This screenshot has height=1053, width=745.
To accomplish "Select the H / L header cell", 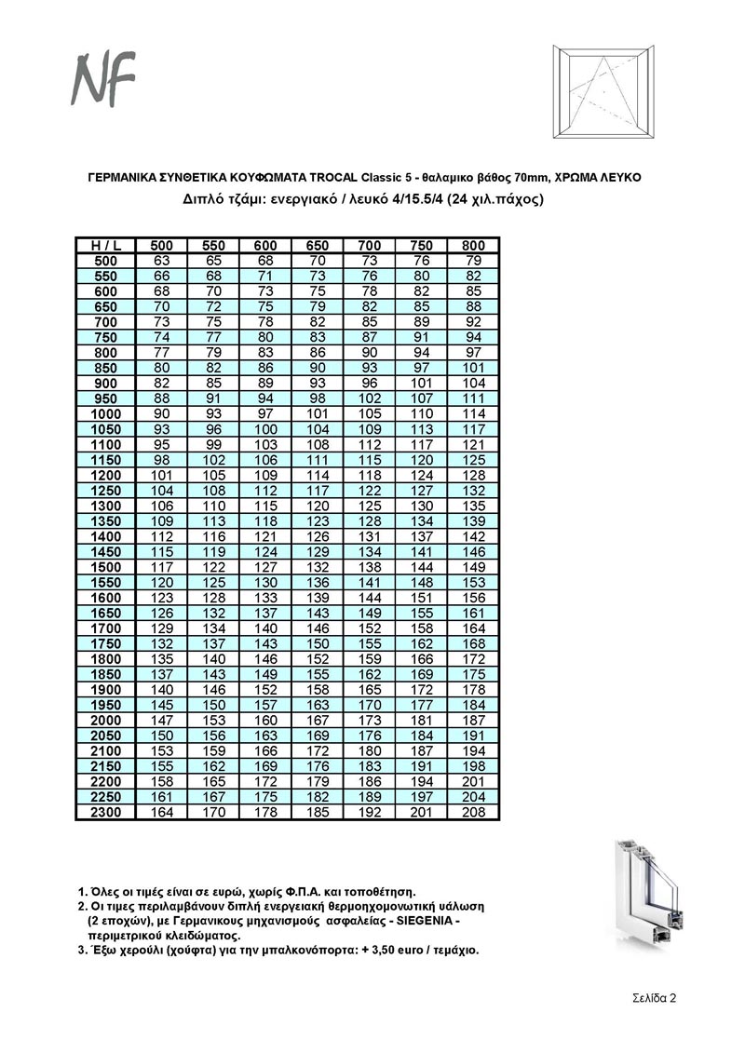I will click(x=105, y=245).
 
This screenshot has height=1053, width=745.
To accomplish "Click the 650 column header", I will click(x=318, y=245).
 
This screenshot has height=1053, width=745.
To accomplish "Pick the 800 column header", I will click(x=474, y=245).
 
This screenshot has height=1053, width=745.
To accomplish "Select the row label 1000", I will click(x=105, y=413).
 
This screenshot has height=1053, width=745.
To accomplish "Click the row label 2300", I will click(x=105, y=813).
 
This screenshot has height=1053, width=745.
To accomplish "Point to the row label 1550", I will click(x=105, y=582).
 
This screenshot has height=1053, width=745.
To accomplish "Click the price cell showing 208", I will click(x=474, y=813).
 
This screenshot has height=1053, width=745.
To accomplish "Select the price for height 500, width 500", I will click(x=162, y=260).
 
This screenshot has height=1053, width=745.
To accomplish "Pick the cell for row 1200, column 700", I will click(x=370, y=475).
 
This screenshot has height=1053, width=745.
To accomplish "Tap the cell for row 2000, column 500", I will click(x=162, y=721).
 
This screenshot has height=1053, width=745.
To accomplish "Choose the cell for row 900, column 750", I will click(x=422, y=383).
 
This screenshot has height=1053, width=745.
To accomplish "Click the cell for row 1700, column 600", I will click(x=266, y=628).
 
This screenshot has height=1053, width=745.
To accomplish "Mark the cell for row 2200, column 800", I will click(x=474, y=782).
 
